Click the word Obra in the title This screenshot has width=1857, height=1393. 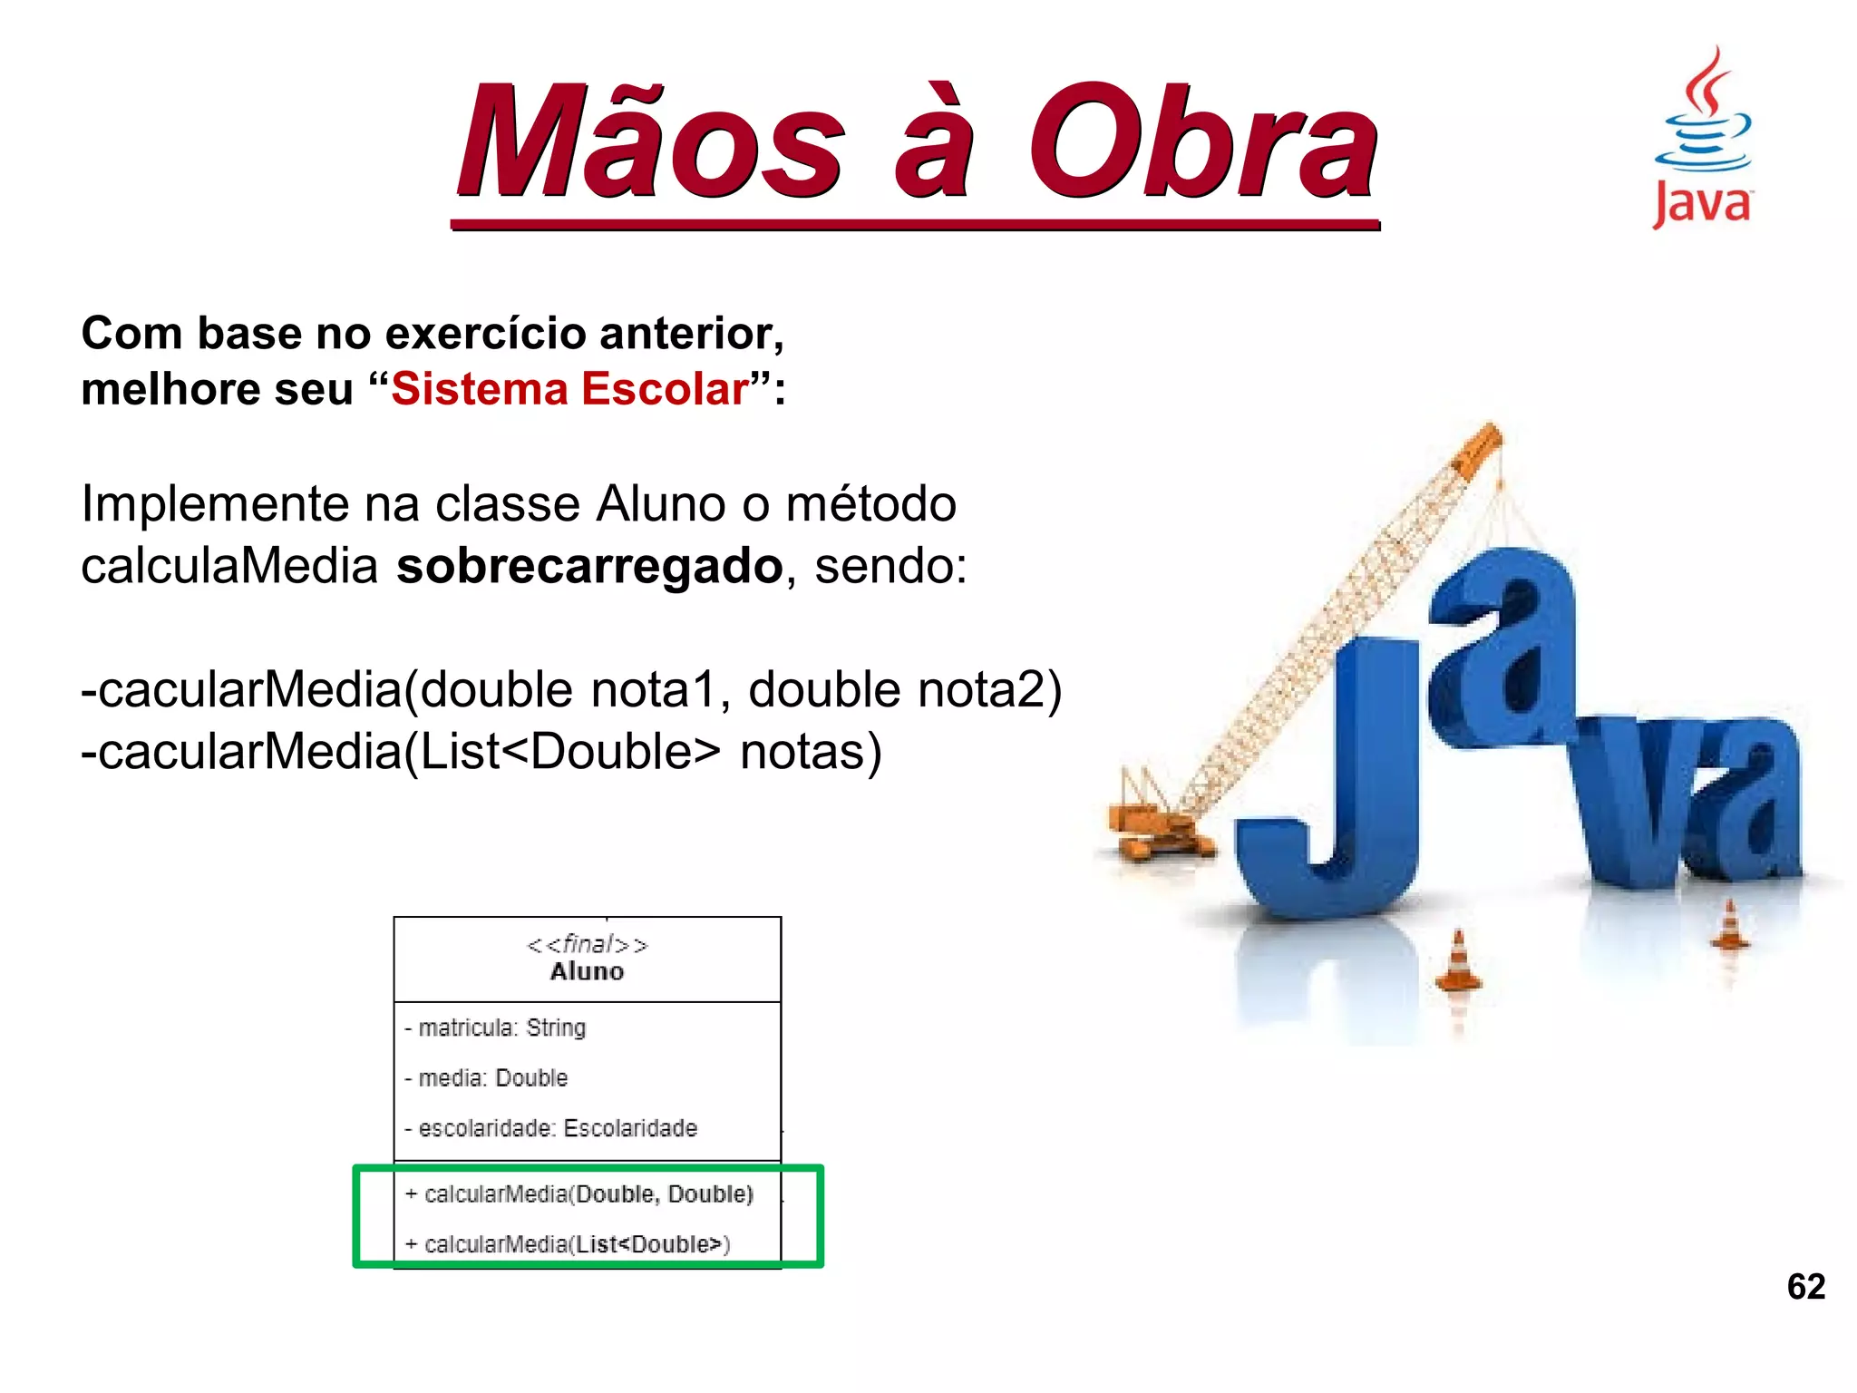[x=1201, y=142]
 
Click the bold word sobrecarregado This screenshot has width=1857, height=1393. [x=589, y=567]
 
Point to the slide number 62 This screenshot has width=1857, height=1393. [x=1805, y=1286]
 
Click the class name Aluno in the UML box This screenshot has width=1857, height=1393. [x=587, y=971]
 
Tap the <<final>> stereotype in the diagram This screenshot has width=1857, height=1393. [x=587, y=945]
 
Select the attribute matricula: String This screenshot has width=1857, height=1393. [x=496, y=1028]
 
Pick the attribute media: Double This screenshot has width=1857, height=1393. [x=487, y=1078]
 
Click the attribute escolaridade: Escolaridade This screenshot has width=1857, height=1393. [x=551, y=1128]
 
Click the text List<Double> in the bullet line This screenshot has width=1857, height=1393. [x=571, y=752]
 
